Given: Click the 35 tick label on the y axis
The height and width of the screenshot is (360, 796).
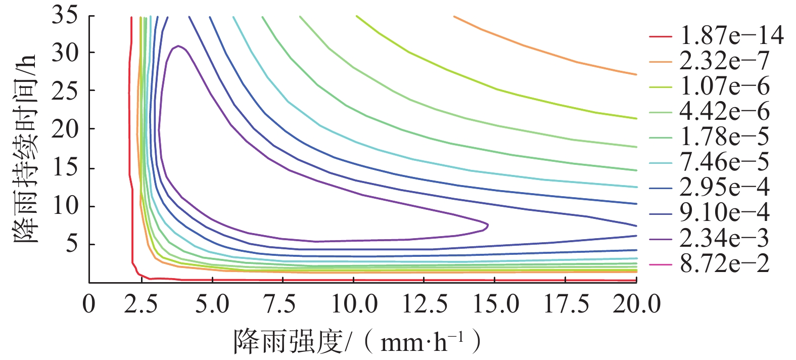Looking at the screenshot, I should coord(64,15).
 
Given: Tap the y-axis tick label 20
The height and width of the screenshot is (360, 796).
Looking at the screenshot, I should coord(64,128).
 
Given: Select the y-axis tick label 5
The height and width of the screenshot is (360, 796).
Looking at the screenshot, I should coord(71,244).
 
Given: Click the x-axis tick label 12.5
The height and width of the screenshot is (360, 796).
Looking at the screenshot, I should coord(425,304).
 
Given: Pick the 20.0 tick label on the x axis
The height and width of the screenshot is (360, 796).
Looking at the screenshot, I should coord(636,304).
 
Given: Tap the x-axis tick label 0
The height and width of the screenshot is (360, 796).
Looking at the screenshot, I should coord(89,304).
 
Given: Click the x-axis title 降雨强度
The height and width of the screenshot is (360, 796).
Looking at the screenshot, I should coord(289,342).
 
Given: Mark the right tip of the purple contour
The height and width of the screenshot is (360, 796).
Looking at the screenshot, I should coord(488,224).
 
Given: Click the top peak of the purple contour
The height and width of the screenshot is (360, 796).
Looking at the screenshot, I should coord(178,46).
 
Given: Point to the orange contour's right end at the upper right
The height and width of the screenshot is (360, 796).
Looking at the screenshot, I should coord(636,74).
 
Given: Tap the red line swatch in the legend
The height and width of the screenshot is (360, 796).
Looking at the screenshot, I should coord(660,36).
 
